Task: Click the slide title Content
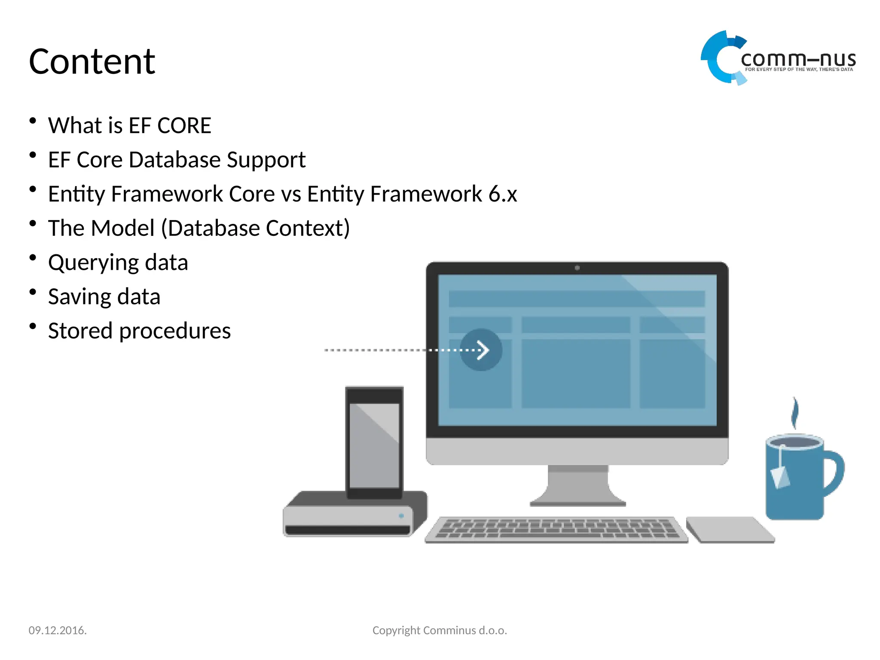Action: tap(92, 62)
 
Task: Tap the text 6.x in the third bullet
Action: tap(502, 194)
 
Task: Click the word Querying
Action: tap(93, 263)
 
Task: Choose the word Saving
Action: tap(79, 297)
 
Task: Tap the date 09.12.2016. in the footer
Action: tap(58, 630)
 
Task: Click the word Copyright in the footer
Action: tap(396, 630)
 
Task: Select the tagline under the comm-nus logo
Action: tap(799, 70)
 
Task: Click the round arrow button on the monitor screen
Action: tap(481, 350)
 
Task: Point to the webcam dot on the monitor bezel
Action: tap(577, 268)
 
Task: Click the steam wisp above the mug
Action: tap(795, 412)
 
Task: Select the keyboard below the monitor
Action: tap(556, 529)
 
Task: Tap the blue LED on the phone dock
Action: tap(401, 516)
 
